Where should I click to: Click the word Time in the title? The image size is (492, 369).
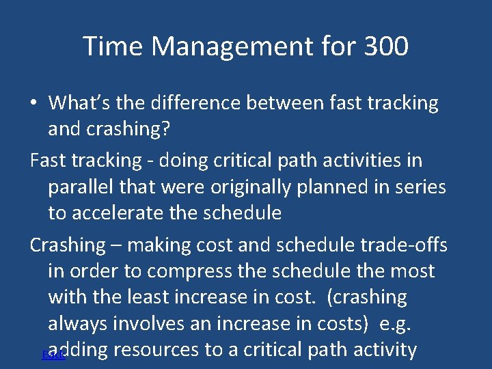tap(114, 46)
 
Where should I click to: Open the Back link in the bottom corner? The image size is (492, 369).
tap(53, 355)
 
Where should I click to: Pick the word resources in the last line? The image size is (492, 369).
tap(156, 350)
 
